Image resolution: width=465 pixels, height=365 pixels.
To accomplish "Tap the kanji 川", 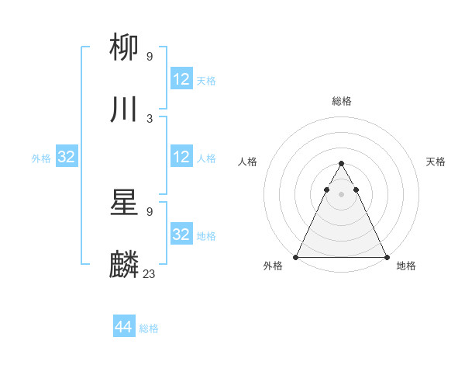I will pyautogui.click(x=125, y=109).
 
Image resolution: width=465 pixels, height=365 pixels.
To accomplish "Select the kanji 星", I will pyautogui.click(x=125, y=203).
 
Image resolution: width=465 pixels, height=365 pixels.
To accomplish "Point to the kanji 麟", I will pyautogui.click(x=125, y=265).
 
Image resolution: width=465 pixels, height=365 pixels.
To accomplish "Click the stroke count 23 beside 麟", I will pyautogui.click(x=150, y=273).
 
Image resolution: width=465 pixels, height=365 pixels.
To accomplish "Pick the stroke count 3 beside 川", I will pyautogui.click(x=150, y=118).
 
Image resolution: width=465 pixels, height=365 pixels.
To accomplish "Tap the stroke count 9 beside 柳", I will pyautogui.click(x=150, y=56).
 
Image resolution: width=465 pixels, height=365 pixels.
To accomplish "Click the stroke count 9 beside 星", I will pyautogui.click(x=150, y=211).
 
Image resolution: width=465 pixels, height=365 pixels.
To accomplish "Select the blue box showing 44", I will pyautogui.click(x=124, y=327).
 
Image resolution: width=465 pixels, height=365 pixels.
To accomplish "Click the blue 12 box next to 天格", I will pyautogui.click(x=181, y=79).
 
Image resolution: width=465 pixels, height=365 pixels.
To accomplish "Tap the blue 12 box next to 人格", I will pyautogui.click(x=181, y=157).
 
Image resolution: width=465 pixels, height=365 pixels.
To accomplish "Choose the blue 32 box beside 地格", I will pyautogui.click(x=181, y=235).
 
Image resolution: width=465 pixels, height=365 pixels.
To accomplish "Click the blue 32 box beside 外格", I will pyautogui.click(x=67, y=157).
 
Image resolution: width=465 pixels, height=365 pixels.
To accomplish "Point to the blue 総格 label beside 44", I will pyautogui.click(x=149, y=328).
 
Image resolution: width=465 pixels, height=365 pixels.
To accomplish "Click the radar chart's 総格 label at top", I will pyautogui.click(x=341, y=101).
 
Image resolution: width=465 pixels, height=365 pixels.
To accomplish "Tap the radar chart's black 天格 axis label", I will pyautogui.click(x=436, y=162).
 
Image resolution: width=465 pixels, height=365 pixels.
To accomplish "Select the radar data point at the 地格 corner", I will pyautogui.click(x=386, y=257).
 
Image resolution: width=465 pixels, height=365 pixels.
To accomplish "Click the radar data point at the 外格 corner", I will pyautogui.click(x=296, y=257).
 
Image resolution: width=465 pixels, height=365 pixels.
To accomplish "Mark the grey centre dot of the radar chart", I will pyautogui.click(x=341, y=194).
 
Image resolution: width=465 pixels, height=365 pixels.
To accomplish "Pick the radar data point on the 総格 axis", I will pyautogui.click(x=341, y=164).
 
